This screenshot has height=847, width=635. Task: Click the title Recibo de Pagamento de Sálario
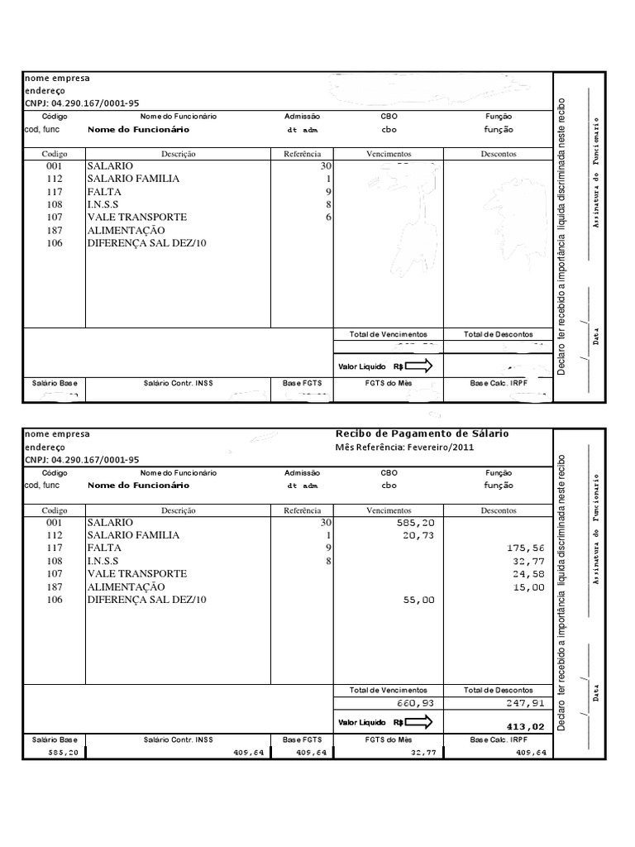pyautogui.click(x=422, y=433)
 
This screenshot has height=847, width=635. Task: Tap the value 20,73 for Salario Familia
pyautogui.click(x=418, y=536)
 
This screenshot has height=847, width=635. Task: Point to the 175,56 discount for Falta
pyautogui.click(x=528, y=548)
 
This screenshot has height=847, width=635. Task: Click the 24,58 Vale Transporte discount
pyautogui.click(x=528, y=574)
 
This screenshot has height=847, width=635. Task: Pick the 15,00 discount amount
pyautogui.click(x=529, y=587)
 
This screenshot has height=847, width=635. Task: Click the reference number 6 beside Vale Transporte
pyautogui.click(x=328, y=217)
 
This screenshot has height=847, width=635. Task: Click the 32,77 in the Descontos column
pyautogui.click(x=529, y=562)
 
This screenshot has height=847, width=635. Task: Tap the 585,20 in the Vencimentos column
pyautogui.click(x=417, y=524)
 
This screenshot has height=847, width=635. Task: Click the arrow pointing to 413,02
pyautogui.click(x=418, y=723)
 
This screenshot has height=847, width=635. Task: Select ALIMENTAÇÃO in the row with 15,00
pyautogui.click(x=126, y=586)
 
